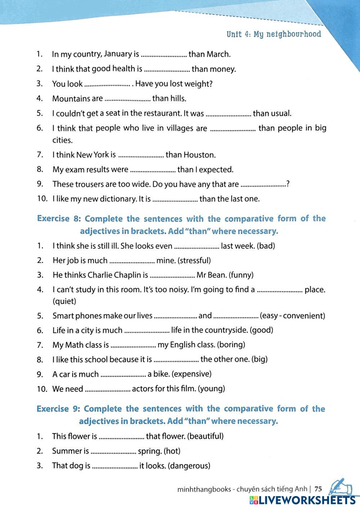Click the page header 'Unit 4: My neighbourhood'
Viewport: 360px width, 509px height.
pos(274,35)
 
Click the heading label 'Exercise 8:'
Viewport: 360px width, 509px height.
pos(59,219)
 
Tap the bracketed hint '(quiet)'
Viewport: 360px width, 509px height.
pos(64,301)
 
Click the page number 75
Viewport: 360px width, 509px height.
pos(318,489)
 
